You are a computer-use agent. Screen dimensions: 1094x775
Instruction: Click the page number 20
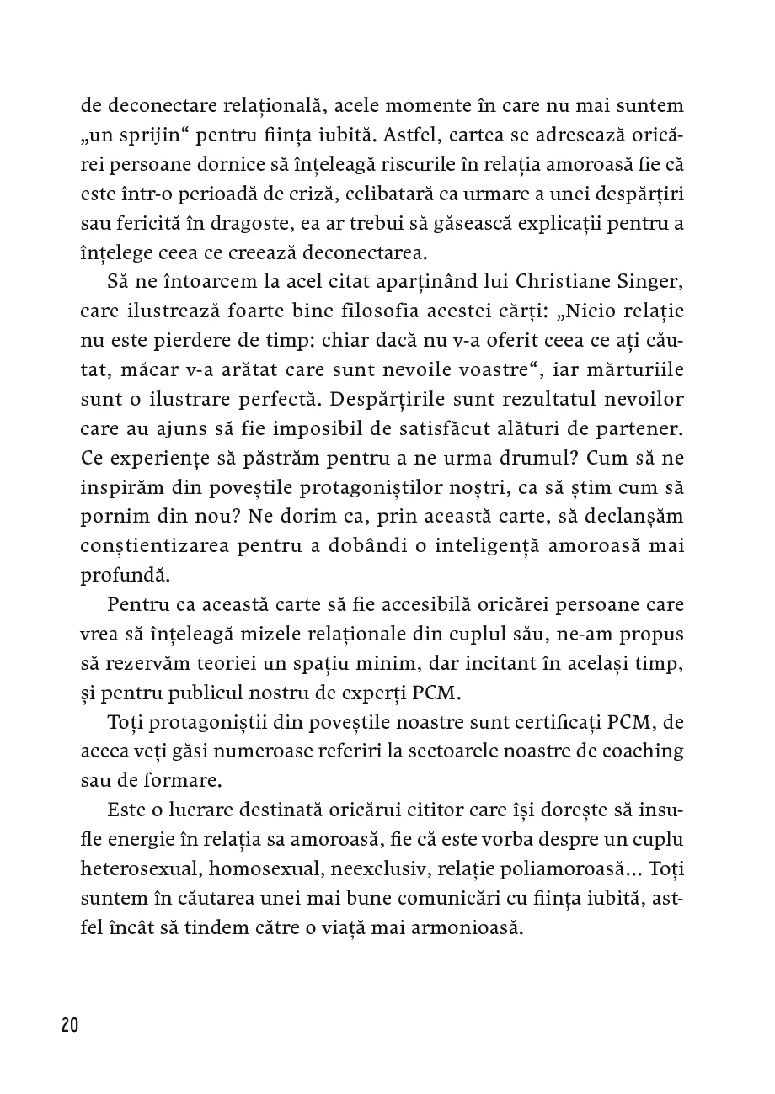click(x=69, y=1025)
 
